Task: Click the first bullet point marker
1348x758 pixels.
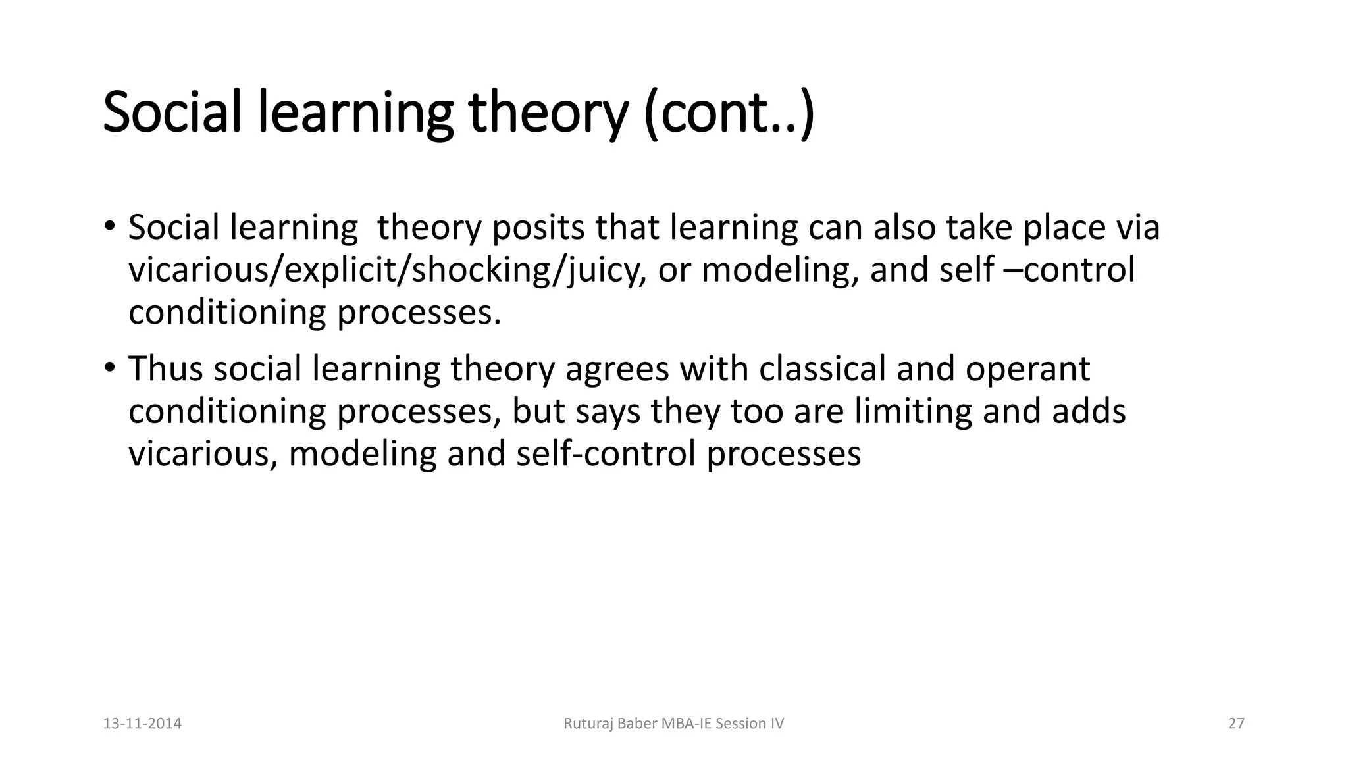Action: pyautogui.click(x=109, y=226)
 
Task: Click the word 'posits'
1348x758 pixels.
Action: pyautogui.click(x=538, y=228)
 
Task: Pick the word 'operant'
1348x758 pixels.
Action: pyautogui.click(x=1027, y=368)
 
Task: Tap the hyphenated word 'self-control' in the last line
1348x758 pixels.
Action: pyautogui.click(x=606, y=453)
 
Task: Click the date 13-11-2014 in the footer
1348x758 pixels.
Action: pyautogui.click(x=142, y=724)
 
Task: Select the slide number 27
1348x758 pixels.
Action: pyautogui.click(x=1236, y=724)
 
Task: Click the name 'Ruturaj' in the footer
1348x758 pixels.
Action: pyautogui.click(x=586, y=724)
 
